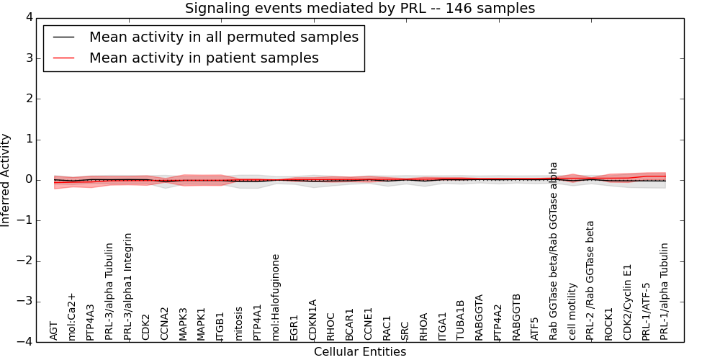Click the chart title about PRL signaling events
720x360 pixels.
point(360,9)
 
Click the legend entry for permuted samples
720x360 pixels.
point(223,37)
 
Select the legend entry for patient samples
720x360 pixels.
point(204,58)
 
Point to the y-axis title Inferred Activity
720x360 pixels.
point(6,179)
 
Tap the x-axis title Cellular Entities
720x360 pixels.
point(360,352)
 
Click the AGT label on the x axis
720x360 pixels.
point(54,330)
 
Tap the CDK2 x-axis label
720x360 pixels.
point(146,326)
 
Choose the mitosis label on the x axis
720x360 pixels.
point(239,323)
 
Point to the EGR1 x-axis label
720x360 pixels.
point(294,326)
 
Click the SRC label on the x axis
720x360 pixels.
point(405,329)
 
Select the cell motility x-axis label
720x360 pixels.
point(572,311)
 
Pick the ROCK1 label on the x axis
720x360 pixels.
point(609,323)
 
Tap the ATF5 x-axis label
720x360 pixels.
point(535,328)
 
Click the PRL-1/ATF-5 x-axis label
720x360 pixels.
point(646,311)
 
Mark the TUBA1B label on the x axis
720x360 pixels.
point(461,319)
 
